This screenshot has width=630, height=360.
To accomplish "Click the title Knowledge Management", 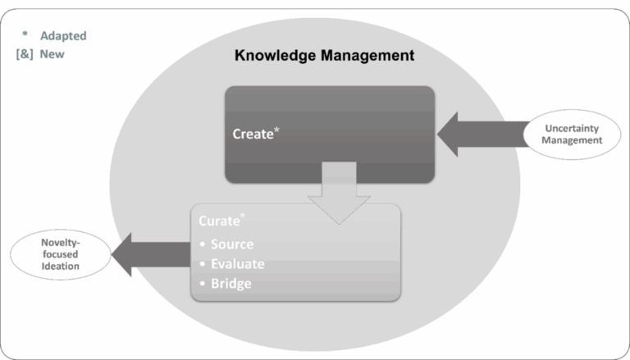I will coord(324,57).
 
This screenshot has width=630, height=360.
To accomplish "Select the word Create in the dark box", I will coord(252,134).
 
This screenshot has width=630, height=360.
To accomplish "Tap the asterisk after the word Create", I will coord(276,129).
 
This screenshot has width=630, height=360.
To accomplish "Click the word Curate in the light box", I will coord(218,221).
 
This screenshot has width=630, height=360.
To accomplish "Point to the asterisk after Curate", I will coord(241,216).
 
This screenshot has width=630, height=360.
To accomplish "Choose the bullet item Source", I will coord(231,244).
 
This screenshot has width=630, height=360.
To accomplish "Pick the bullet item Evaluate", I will coord(237,264).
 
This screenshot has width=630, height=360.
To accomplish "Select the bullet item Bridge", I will coord(231,284).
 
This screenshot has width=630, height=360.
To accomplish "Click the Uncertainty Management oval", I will coord(572,134).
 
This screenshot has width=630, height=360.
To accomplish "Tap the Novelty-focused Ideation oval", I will coord(60,255).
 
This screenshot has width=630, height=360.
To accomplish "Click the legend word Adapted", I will coord(63,36).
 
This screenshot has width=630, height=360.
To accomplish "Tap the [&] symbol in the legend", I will coord(25,54).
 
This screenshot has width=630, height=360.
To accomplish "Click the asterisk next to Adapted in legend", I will coord(25,35).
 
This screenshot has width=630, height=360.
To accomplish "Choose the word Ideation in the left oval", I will coord(60,267).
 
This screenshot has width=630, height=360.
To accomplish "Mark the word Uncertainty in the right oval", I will coord(572,129).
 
